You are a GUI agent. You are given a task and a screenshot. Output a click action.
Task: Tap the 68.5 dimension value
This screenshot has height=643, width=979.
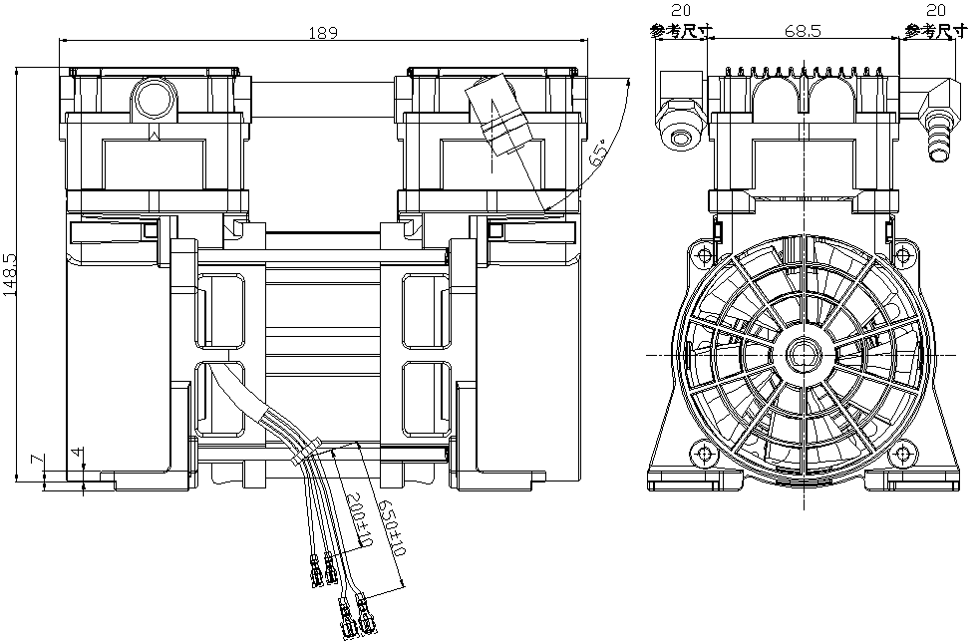click(802, 32)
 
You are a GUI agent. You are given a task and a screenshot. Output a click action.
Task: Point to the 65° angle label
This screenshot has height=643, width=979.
click(600, 154)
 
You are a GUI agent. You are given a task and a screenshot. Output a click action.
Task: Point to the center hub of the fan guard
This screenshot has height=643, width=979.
click(803, 355)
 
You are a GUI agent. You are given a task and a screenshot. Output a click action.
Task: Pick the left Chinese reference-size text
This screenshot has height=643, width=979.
click(681, 32)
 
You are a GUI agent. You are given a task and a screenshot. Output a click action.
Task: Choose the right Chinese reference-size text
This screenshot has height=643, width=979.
click(936, 32)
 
